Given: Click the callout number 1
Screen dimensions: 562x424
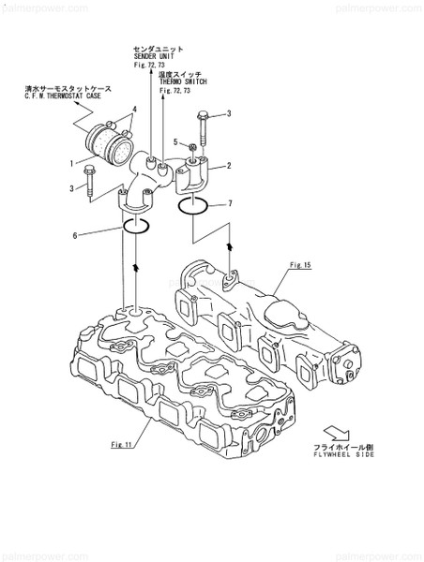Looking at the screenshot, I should [71, 162].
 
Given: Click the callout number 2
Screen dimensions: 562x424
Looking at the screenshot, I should [228, 165].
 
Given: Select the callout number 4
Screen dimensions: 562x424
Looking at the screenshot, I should [135, 110].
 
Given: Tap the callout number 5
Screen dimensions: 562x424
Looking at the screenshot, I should [174, 142].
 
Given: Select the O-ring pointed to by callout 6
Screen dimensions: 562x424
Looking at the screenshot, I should [134, 227].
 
